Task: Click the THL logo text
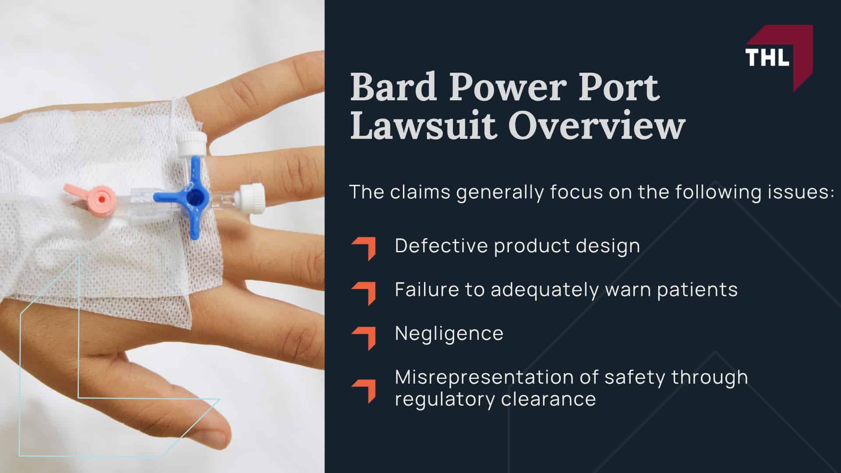click(x=767, y=57)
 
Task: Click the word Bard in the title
click(x=394, y=87)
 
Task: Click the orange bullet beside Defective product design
click(x=364, y=248)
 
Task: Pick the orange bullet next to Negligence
click(x=364, y=337)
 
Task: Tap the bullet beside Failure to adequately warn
click(x=364, y=293)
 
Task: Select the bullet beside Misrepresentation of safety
click(x=364, y=390)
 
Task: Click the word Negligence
click(x=449, y=334)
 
